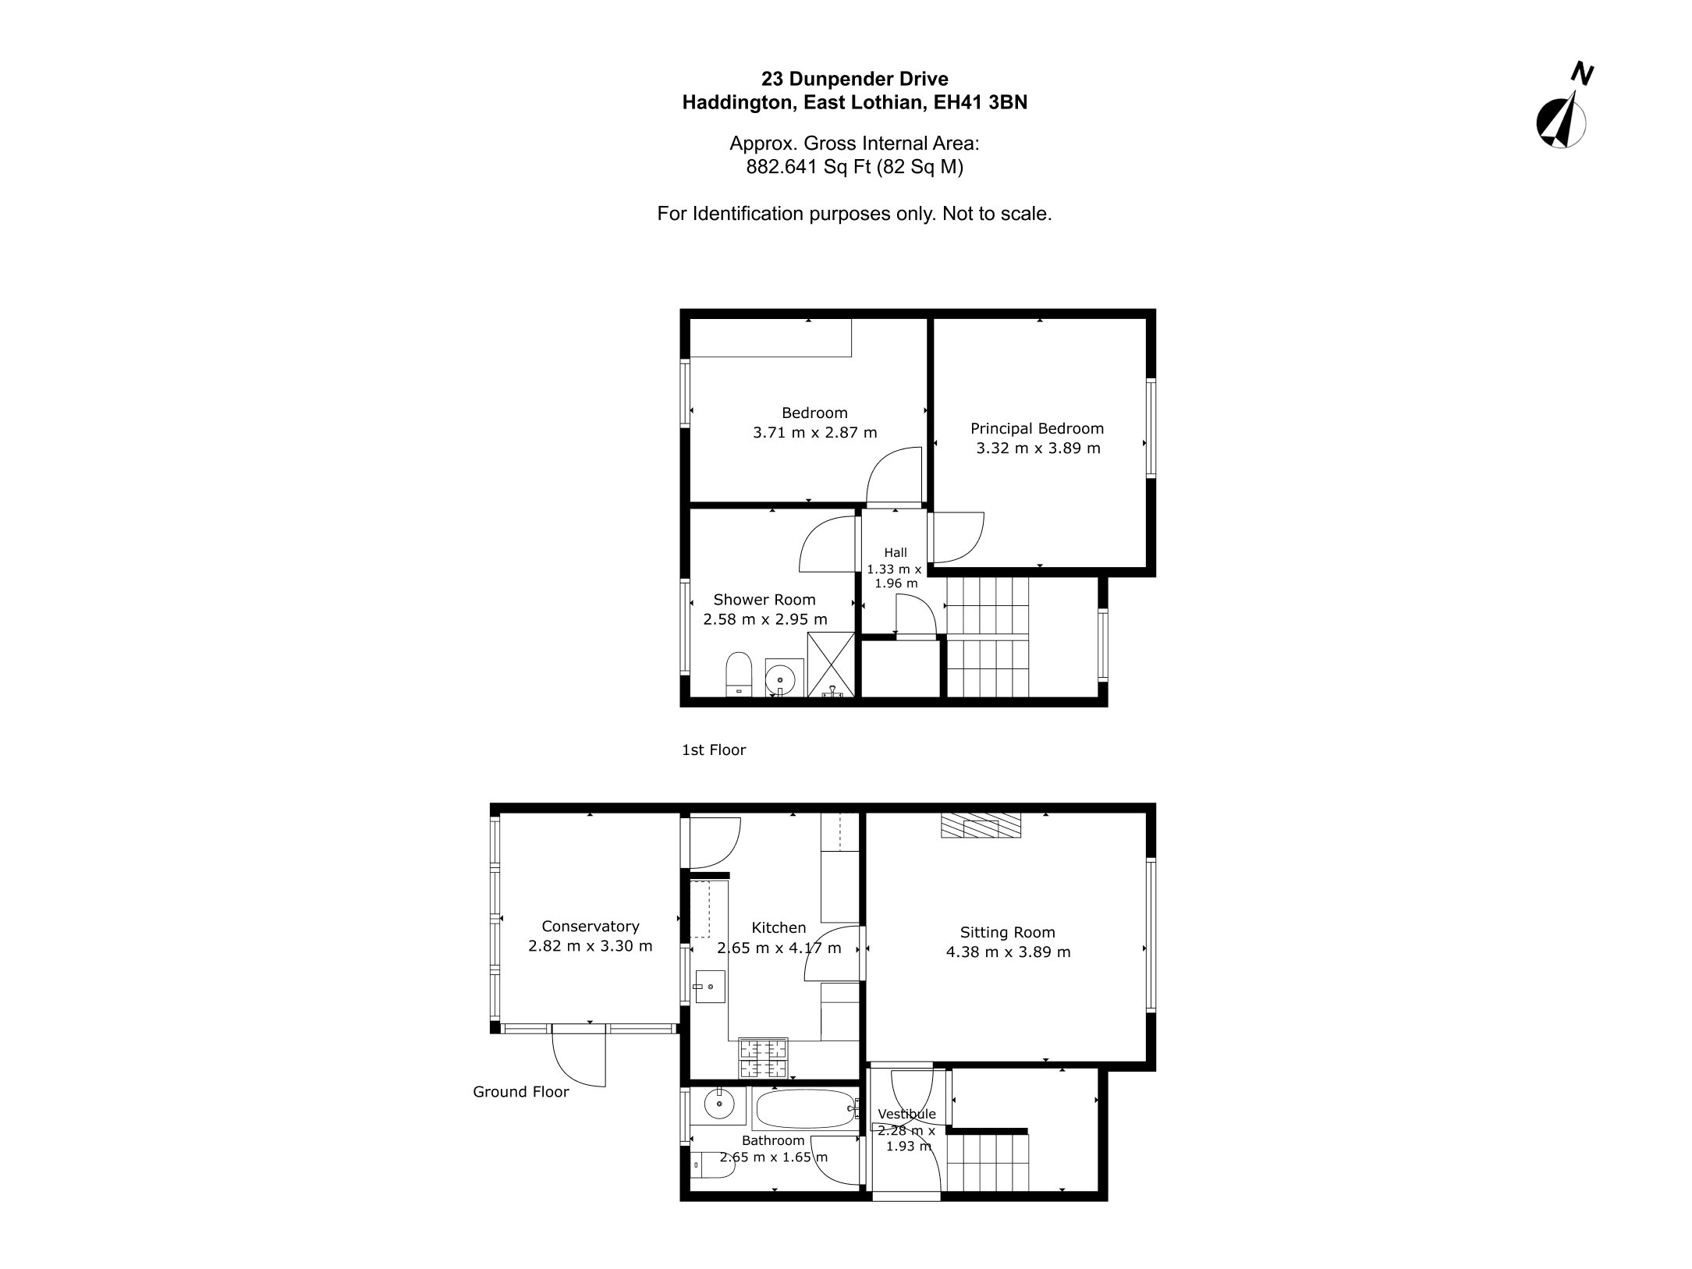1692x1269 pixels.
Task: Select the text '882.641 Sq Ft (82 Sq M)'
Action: tap(855, 167)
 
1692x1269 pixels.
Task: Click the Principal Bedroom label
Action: tap(1037, 428)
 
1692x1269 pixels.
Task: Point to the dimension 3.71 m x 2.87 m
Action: tap(814, 432)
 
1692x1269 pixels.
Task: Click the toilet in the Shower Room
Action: tap(738, 673)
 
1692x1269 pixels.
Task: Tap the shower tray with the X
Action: tap(832, 664)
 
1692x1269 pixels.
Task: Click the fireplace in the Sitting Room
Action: tap(981, 825)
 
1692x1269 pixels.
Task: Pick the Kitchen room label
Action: tap(779, 927)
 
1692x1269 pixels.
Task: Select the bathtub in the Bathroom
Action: tap(807, 1108)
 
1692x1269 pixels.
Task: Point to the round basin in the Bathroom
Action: tap(718, 1104)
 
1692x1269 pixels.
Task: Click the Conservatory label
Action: tap(591, 926)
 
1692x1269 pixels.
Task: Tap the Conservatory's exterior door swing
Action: tap(580, 1057)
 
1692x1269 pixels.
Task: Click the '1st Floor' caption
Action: tap(714, 750)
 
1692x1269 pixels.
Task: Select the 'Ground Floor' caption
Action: tap(521, 1092)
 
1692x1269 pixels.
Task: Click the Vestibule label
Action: tap(906, 1114)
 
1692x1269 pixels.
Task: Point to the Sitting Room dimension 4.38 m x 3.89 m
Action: tap(1008, 952)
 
